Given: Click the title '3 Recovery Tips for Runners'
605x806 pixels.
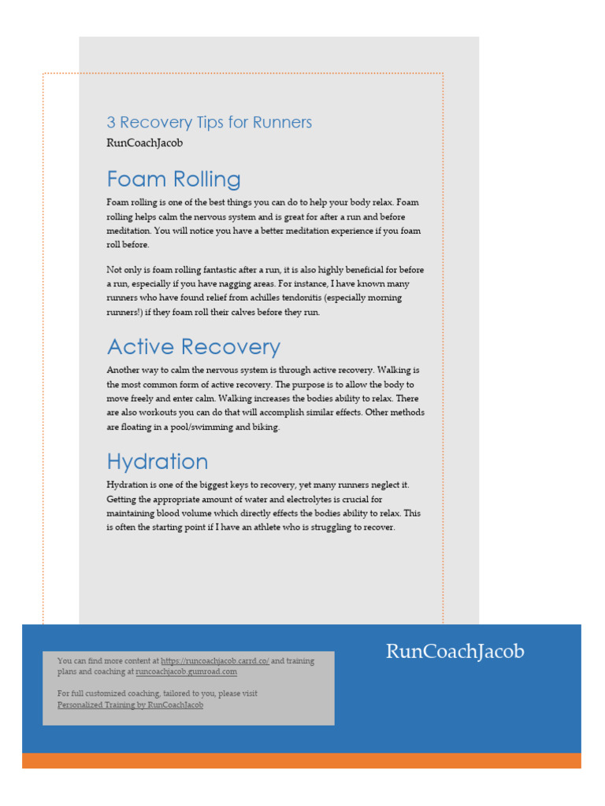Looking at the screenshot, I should (x=210, y=123).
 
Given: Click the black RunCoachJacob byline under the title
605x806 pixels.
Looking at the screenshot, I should (x=144, y=143).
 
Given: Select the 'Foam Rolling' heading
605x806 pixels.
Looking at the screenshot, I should (x=173, y=179).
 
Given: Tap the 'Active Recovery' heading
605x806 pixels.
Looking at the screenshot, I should (x=193, y=347).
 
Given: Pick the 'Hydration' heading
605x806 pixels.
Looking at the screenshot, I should (x=158, y=462).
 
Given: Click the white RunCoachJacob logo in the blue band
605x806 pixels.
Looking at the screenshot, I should (x=455, y=652).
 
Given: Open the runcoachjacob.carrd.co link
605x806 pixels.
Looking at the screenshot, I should (x=215, y=661).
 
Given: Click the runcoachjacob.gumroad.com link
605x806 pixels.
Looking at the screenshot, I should (x=186, y=672).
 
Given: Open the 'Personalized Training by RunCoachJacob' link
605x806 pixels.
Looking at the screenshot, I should (x=130, y=705).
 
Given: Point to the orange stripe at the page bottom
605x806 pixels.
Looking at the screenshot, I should (x=302, y=760).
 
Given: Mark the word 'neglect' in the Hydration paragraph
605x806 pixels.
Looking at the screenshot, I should (x=382, y=485).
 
